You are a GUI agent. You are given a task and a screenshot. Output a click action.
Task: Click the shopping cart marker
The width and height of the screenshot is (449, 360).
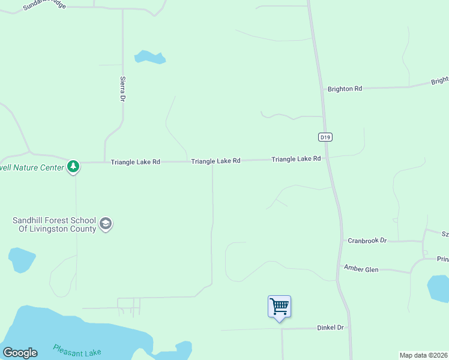279,307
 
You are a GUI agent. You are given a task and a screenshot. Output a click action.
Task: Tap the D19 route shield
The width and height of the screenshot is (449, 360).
325,137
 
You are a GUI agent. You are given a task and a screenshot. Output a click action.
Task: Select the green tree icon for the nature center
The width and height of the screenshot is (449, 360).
73,166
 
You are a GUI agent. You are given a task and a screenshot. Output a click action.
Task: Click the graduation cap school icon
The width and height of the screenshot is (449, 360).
106,224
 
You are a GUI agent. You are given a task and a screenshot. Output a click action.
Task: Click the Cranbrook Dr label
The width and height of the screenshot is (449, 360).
367,241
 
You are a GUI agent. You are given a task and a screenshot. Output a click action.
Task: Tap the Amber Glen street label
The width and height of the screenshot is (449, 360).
361,269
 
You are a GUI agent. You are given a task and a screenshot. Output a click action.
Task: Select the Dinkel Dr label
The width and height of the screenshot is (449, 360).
330,328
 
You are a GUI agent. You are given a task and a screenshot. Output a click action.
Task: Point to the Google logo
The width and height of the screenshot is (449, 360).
20,353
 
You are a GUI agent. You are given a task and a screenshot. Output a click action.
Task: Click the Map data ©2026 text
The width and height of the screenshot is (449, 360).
424,355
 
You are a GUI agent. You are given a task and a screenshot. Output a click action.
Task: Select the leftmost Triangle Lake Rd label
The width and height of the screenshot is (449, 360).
135,162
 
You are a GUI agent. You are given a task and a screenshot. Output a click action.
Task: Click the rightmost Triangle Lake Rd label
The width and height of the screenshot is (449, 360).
296,159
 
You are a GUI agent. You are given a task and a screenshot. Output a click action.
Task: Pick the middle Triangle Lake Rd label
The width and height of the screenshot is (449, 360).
215,161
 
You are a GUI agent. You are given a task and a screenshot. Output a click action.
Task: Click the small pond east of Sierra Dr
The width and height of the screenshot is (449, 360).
149,58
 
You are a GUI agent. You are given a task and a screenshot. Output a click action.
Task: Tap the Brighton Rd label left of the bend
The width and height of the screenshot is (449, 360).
345,89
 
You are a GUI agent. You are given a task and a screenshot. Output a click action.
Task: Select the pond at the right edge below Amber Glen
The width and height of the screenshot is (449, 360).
438,287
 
